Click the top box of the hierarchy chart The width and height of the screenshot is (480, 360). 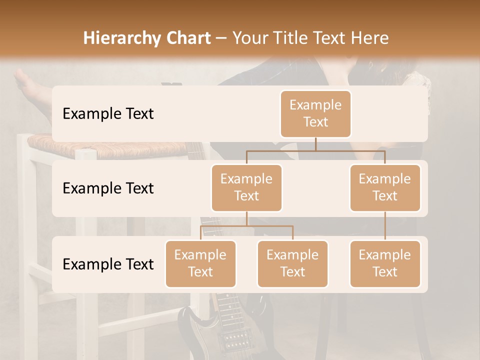315,113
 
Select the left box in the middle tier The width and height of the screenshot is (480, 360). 246,187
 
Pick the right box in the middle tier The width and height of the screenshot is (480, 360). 385,187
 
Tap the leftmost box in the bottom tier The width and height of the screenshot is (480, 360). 200,263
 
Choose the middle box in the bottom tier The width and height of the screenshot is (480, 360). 292,263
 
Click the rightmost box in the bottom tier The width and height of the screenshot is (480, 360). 385,263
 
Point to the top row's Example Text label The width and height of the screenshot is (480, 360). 108,114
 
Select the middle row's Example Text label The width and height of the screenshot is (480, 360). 108,188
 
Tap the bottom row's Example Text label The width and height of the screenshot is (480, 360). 108,264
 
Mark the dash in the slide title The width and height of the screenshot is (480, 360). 221,39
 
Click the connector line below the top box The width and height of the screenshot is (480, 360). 315,144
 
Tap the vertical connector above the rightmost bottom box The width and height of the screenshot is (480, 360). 385,226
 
